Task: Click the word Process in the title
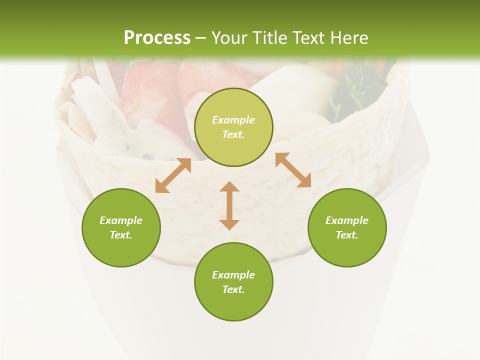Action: tap(157, 37)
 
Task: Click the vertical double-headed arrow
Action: tap(229, 205)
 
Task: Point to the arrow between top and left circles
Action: tap(173, 175)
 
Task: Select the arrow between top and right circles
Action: tap(293, 170)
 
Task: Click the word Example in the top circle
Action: tap(233, 120)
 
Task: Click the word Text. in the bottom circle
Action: tap(233, 289)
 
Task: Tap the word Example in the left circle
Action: tap(121, 220)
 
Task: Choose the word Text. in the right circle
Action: tap(347, 235)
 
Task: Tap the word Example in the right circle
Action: tap(347, 220)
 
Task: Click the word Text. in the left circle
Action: tap(121, 235)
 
